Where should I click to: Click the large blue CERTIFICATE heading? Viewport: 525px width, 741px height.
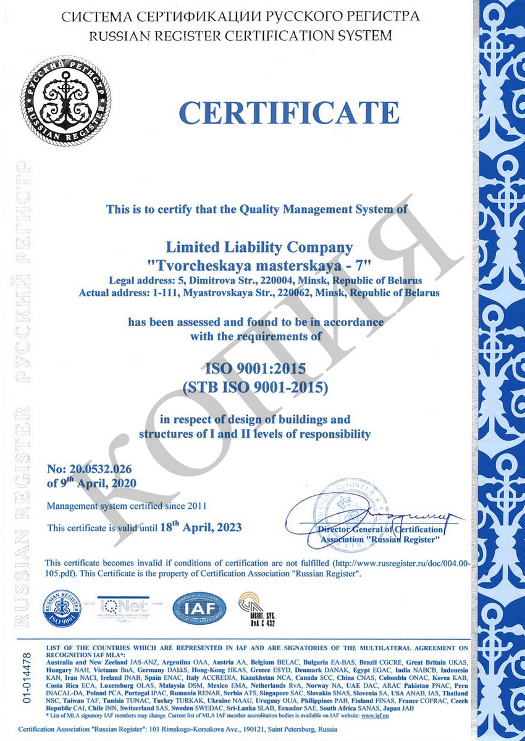tap(289, 113)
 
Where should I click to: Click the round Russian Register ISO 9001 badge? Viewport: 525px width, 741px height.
tap(62, 609)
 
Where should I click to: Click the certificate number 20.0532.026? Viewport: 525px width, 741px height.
tap(98, 469)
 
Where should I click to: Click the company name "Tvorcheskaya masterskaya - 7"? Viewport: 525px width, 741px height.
tap(259, 264)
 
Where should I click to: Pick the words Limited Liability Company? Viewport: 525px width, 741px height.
tap(260, 248)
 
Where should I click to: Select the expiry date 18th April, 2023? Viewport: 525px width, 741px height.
tap(201, 527)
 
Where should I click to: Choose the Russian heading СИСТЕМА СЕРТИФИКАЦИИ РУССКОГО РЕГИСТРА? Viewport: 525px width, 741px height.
tap(240, 17)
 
